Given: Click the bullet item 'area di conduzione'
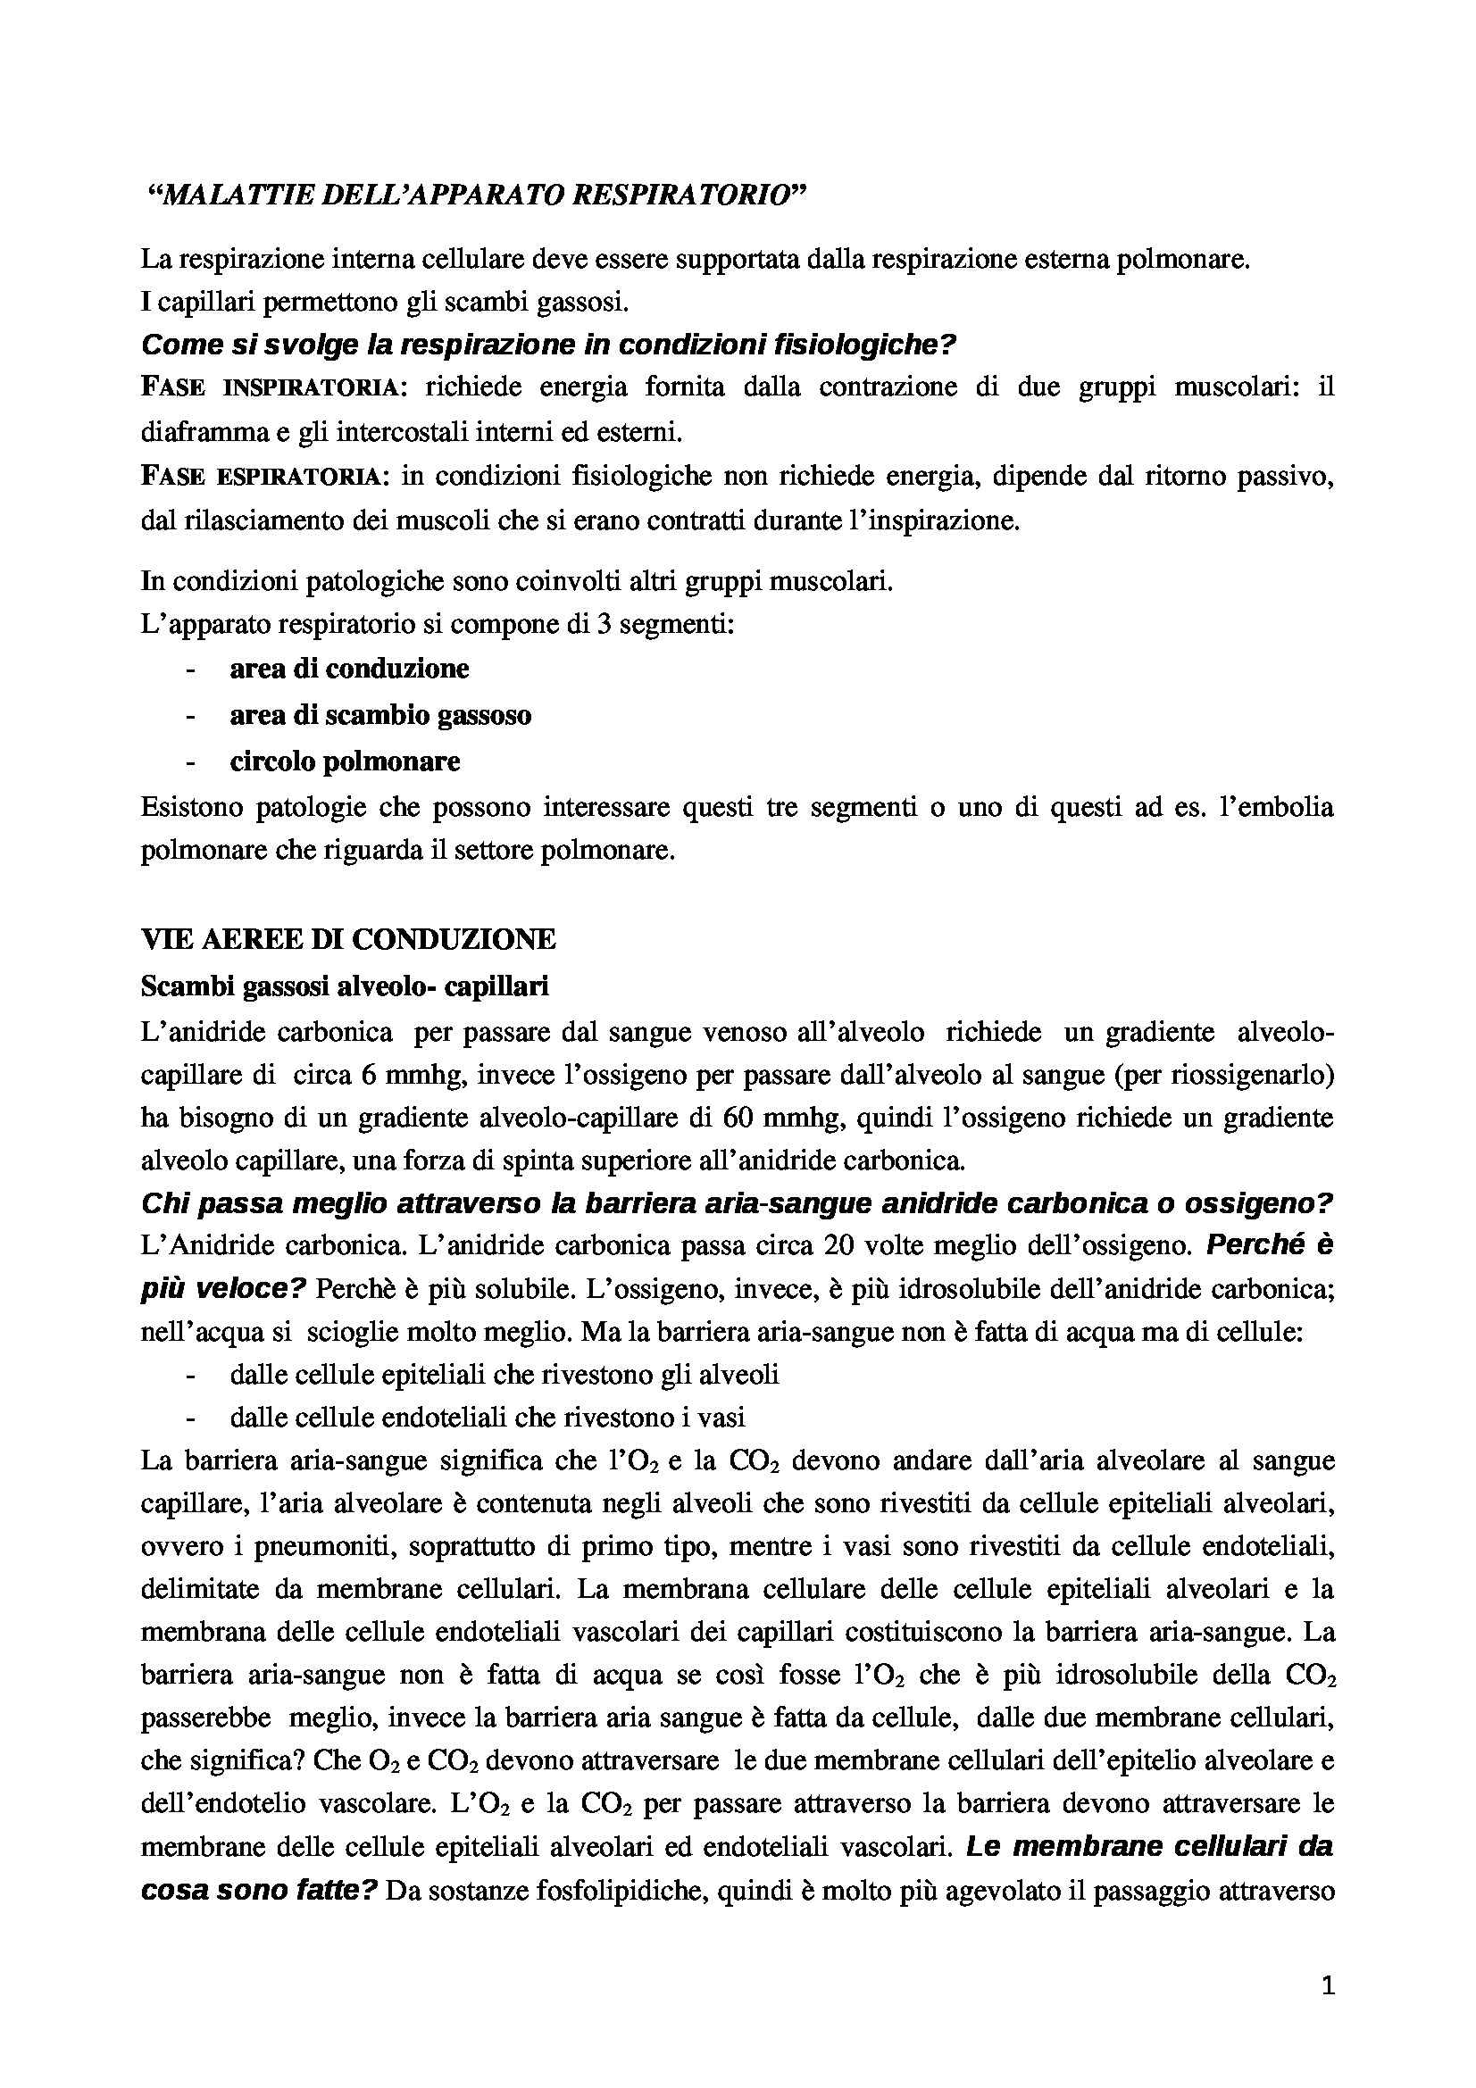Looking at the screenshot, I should tap(349, 670).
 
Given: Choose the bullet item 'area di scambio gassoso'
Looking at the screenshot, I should tap(380, 716).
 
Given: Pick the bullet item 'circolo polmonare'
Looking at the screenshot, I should tap(345, 761).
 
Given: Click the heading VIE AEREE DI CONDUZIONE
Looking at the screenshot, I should tap(348, 939).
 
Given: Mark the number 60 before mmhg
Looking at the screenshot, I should tap(741, 1118).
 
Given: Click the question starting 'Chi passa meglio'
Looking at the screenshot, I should tap(737, 1204).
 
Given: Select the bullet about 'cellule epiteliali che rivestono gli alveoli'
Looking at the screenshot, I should tap(504, 1375).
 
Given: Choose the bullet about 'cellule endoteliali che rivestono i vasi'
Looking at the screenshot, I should tap(488, 1418).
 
